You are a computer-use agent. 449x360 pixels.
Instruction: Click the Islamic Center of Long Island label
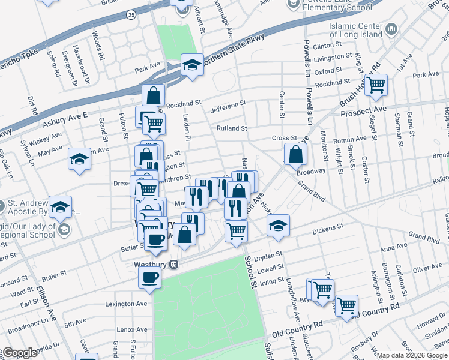(355, 31)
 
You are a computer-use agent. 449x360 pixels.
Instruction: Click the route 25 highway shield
(131, 13)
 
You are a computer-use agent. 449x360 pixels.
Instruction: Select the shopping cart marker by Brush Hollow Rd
(376, 85)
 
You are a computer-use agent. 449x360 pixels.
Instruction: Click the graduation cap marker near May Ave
(79, 159)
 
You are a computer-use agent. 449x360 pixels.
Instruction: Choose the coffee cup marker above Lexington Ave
(149, 278)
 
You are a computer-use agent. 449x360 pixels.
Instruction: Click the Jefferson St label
(228, 110)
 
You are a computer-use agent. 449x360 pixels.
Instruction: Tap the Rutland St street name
(232, 128)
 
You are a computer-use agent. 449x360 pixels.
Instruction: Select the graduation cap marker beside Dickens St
(277, 226)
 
